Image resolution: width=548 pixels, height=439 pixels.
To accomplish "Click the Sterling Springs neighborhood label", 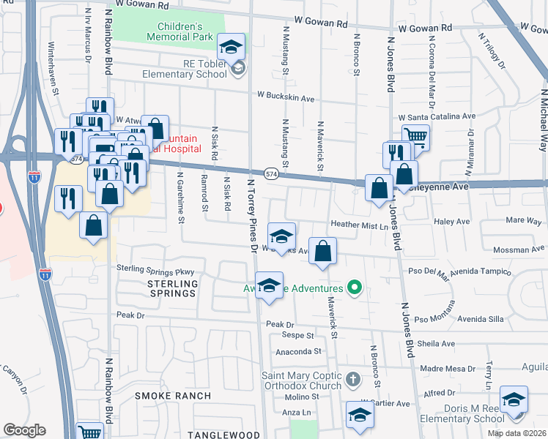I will click(172, 288).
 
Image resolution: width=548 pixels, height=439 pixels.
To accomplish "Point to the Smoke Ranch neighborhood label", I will click(173, 396).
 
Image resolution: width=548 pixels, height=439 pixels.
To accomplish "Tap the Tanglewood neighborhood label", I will click(219, 435).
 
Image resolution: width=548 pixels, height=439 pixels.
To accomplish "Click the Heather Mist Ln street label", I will click(359, 225).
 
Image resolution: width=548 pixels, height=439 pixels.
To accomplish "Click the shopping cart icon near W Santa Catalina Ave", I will click(415, 136).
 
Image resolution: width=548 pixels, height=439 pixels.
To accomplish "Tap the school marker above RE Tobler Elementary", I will click(232, 47).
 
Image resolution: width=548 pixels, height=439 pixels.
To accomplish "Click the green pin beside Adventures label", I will click(355, 288).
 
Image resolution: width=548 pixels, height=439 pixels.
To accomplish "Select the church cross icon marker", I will click(353, 378).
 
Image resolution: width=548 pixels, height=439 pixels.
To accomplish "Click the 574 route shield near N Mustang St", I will click(272, 173).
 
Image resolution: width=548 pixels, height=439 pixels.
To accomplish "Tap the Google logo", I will click(24, 430).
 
